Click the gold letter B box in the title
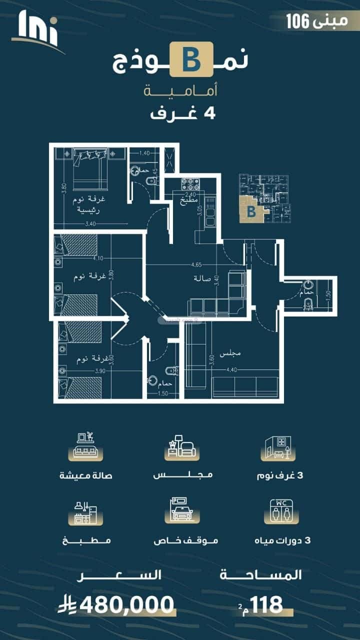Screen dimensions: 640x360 click(x=191, y=59)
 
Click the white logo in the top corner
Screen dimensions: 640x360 click(x=38, y=30)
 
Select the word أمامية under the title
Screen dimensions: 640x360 click(x=179, y=91)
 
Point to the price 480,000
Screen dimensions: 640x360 click(x=127, y=605)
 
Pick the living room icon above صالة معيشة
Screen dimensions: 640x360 click(x=85, y=445)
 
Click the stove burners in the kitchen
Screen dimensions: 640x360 click(x=190, y=184)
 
